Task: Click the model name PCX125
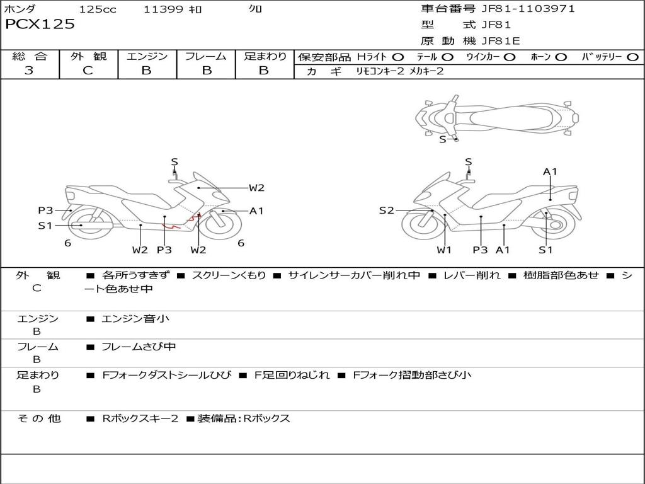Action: pyautogui.click(x=40, y=25)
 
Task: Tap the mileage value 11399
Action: pyautogui.click(x=163, y=9)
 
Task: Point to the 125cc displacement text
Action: pyautogui.click(x=98, y=9)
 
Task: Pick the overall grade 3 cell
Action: pyautogui.click(x=29, y=71)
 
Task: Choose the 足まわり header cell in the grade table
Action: pyautogui.click(x=265, y=57)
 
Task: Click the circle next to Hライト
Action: pyautogui.click(x=398, y=57)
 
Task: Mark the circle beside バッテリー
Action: pyautogui.click(x=632, y=57)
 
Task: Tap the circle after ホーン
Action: pyautogui.click(x=561, y=57)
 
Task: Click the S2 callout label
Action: pyautogui.click(x=386, y=210)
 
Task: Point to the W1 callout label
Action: pyautogui.click(x=445, y=250)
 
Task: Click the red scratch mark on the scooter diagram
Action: pyautogui.click(x=169, y=225)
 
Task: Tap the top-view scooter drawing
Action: pyautogui.click(x=496, y=117)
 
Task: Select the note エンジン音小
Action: pyautogui.click(x=135, y=319)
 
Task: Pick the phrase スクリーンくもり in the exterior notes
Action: pyautogui.click(x=229, y=275)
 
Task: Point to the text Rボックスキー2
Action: pyautogui.click(x=140, y=418)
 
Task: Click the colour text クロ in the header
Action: pyautogui.click(x=255, y=9)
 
